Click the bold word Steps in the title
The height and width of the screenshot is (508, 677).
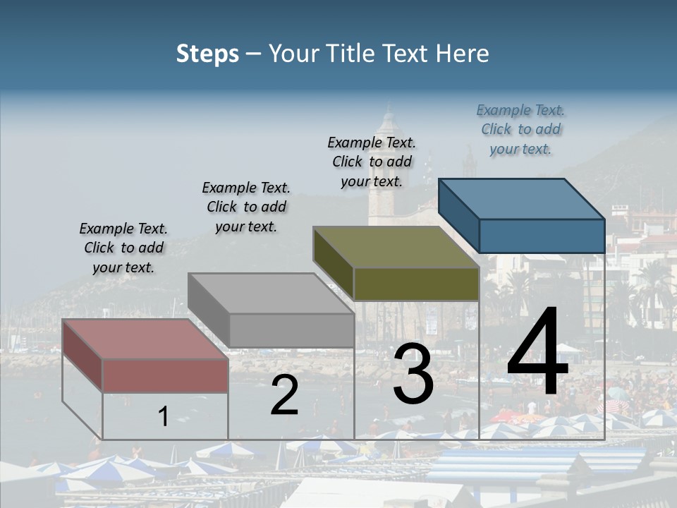[x=207, y=54]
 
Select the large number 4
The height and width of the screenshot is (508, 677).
[x=537, y=353]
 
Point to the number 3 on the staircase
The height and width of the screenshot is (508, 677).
[x=413, y=375]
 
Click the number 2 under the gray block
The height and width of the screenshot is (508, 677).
[x=284, y=395]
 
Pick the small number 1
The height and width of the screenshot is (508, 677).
[x=163, y=416]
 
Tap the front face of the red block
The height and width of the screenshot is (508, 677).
[x=165, y=375]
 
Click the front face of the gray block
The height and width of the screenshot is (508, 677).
[x=291, y=330]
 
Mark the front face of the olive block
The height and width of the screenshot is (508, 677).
[x=416, y=284]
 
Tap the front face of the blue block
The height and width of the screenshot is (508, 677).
[x=542, y=236]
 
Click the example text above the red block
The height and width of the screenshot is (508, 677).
[x=123, y=248]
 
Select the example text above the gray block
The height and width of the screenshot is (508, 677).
[x=246, y=207]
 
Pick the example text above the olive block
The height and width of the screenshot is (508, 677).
[x=372, y=162]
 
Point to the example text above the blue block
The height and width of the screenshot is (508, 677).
[x=520, y=129]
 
